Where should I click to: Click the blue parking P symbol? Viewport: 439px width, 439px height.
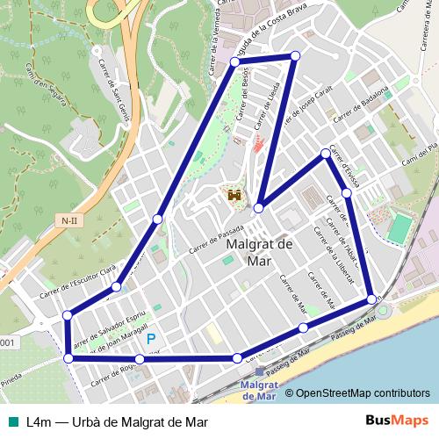pyautogui.click(x=152, y=339)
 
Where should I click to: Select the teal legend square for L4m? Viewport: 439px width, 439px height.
pyautogui.click(x=11, y=421)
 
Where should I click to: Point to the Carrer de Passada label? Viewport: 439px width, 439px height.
pyautogui.click(x=215, y=237)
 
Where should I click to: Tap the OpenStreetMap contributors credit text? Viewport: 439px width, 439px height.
pyautogui.click(x=363, y=394)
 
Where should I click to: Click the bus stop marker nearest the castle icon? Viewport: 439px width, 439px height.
pyautogui.click(x=259, y=208)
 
